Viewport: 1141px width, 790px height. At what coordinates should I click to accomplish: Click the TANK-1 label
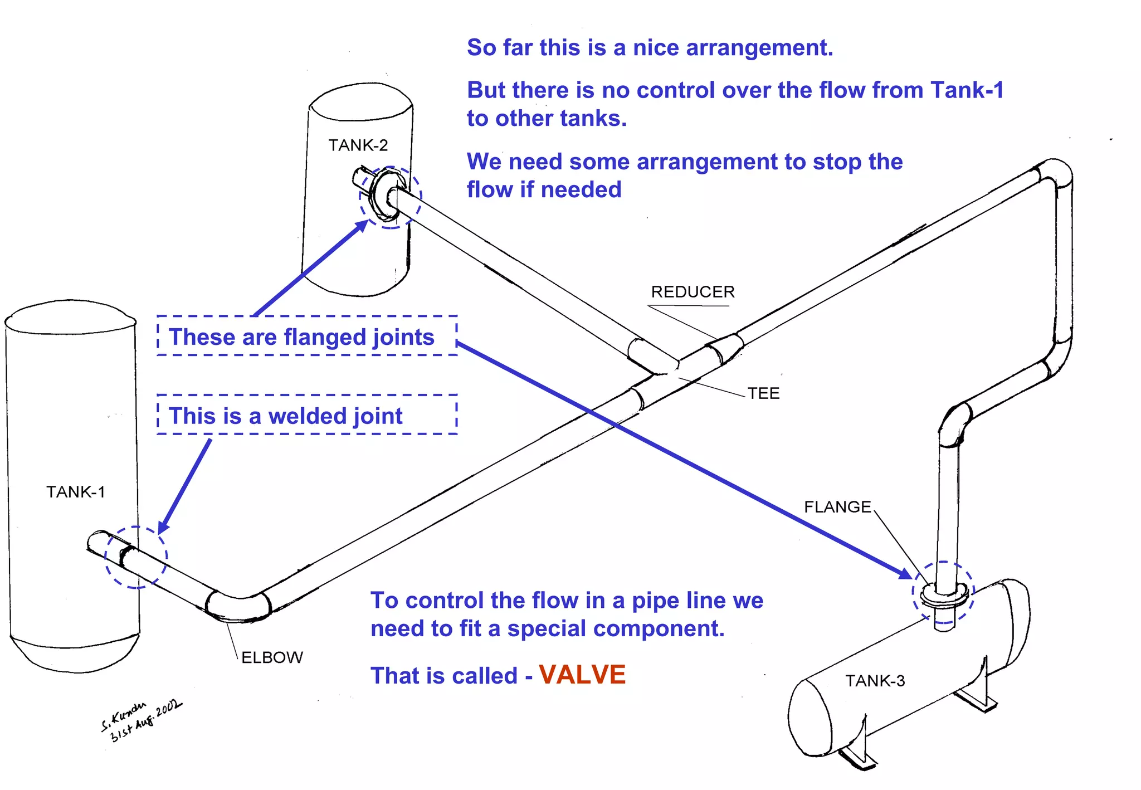click(75, 492)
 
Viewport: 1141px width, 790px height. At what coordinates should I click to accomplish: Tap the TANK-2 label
click(358, 145)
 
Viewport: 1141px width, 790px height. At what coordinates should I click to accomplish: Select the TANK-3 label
click(875, 681)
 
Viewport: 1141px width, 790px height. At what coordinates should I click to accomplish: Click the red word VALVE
click(582, 675)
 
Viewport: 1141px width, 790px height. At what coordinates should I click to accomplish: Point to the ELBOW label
click(272, 657)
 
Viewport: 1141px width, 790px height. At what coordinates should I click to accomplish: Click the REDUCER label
click(693, 292)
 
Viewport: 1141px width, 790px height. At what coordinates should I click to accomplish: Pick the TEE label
click(763, 393)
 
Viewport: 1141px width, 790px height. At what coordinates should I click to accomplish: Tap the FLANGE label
click(837, 507)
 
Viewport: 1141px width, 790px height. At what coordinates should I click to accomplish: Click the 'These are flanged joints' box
click(306, 336)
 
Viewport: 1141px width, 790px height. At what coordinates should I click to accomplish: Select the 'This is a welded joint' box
click(306, 415)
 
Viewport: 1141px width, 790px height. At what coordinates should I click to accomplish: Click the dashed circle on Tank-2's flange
click(390, 197)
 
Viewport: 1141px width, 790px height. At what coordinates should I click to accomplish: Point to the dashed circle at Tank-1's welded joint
click(135, 557)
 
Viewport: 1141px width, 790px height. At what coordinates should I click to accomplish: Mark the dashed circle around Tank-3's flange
click(943, 592)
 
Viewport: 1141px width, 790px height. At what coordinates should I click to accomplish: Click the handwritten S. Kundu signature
click(139, 720)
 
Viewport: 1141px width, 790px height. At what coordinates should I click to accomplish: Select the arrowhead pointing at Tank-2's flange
click(362, 226)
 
